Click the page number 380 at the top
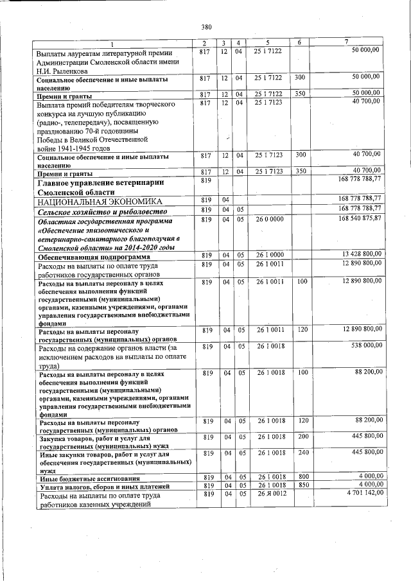[x=206, y=27]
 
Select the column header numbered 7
[x=346, y=42]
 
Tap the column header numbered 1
[x=112, y=43]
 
